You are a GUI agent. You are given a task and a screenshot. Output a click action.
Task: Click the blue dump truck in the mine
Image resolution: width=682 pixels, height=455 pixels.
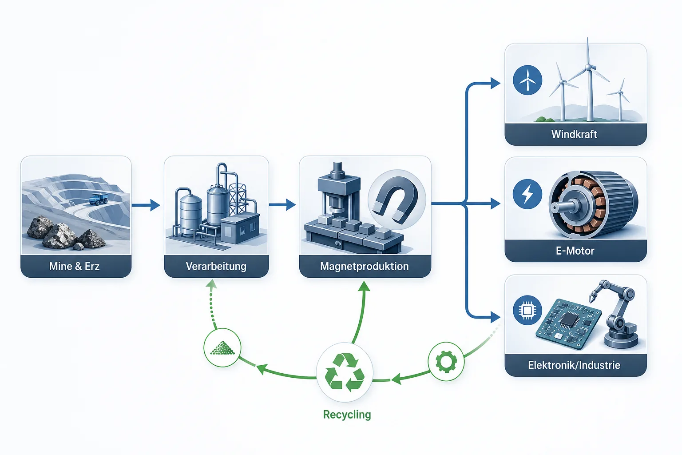pyautogui.click(x=98, y=199)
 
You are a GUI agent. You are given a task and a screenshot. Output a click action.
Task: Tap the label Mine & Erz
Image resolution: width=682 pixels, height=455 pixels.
pyautogui.click(x=75, y=266)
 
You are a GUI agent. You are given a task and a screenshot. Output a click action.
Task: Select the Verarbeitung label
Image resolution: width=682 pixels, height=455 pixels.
pyautogui.click(x=216, y=266)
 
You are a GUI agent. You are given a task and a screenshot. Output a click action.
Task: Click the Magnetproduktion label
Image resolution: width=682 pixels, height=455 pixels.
pyautogui.click(x=365, y=266)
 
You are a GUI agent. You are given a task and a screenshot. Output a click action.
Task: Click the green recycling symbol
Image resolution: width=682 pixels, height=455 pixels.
pyautogui.click(x=345, y=372)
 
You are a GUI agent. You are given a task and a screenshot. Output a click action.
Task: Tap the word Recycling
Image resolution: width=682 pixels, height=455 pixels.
pyautogui.click(x=347, y=415)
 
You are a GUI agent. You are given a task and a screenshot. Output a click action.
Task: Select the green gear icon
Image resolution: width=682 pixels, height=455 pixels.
pyautogui.click(x=446, y=362)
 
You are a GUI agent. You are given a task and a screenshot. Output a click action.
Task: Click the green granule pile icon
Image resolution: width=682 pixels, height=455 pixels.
pyautogui.click(x=222, y=348)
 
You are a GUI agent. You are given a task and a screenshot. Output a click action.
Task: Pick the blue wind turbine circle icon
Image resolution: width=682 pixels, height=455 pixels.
pyautogui.click(x=527, y=80)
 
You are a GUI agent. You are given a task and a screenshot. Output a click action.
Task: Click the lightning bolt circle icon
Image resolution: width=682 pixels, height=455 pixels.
pyautogui.click(x=527, y=194)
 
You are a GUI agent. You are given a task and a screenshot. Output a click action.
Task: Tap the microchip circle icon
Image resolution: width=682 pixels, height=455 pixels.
pyautogui.click(x=527, y=310)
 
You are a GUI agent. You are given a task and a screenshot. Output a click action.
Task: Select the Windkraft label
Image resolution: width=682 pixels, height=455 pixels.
pyautogui.click(x=574, y=134)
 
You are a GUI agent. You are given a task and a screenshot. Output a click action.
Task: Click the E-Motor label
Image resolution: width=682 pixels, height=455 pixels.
pyautogui.click(x=575, y=251)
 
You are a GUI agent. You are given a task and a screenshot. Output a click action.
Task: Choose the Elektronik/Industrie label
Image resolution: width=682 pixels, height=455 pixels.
pyautogui.click(x=574, y=365)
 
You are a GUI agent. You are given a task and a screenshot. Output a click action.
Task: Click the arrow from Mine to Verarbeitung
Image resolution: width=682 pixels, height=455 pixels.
pyautogui.click(x=146, y=205)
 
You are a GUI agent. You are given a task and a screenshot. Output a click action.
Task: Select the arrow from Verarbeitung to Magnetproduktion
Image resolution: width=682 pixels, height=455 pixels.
pyautogui.click(x=282, y=205)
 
